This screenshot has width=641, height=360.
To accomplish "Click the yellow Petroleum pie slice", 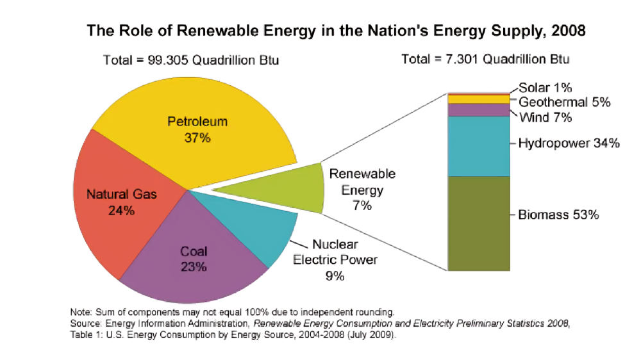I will click(192, 109).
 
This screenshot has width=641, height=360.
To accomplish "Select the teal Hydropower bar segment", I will click(478, 146).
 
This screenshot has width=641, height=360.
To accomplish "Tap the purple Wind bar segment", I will click(478, 110).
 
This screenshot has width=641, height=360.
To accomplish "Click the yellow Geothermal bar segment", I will click(478, 99).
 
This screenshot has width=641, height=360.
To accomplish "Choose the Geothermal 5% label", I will click(564, 102).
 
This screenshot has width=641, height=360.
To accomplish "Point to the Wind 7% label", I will click(545, 117).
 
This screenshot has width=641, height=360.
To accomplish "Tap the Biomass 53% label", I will click(558, 215).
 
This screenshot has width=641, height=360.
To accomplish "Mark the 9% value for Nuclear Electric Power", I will click(335, 276).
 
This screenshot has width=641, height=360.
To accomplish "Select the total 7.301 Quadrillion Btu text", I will click(485, 60).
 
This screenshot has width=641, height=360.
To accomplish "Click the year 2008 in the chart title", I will click(567, 30).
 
